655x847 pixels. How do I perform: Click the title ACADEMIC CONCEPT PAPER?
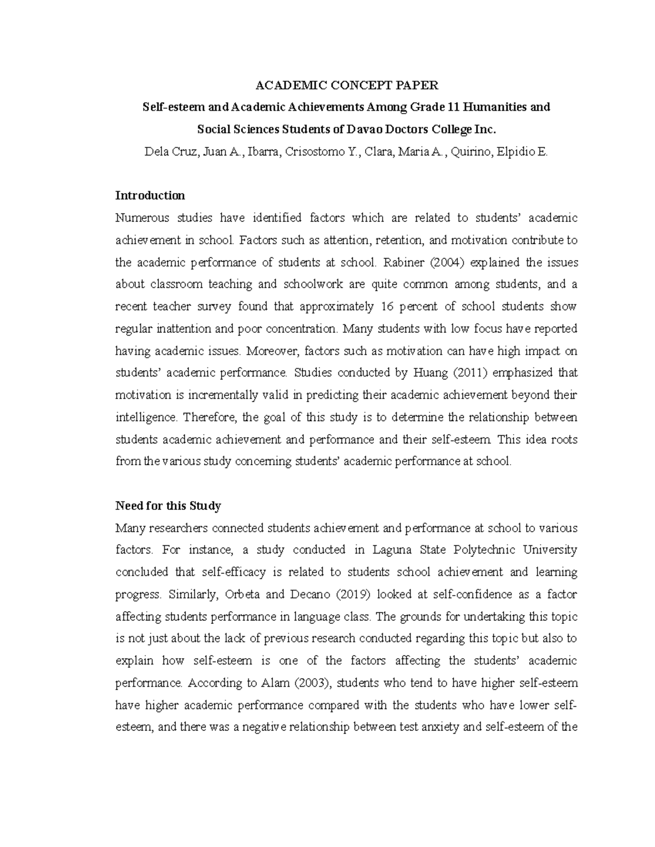[x=347, y=85]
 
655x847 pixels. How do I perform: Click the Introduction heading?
[x=150, y=195]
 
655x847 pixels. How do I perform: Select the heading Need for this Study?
[x=168, y=506]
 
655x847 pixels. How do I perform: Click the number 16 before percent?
[x=384, y=307]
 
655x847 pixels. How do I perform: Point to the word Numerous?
[x=140, y=218]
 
